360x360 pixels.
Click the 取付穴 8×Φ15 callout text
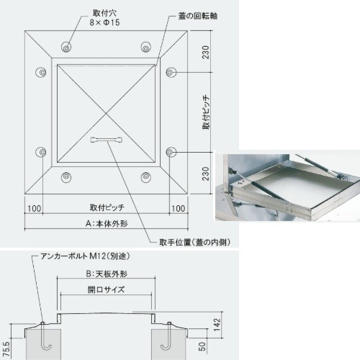[x=104, y=18]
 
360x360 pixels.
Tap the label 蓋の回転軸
[x=198, y=16]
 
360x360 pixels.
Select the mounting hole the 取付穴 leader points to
[x=66, y=47]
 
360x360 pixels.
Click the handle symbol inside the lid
[x=107, y=140]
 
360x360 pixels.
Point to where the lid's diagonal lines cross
[x=107, y=113]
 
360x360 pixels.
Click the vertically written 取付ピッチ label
[x=206, y=112]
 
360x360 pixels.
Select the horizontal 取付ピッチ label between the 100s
[x=107, y=207]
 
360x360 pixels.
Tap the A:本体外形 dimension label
[x=107, y=224]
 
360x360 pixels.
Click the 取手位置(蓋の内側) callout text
[x=194, y=243]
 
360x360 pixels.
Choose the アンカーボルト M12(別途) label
[x=86, y=256]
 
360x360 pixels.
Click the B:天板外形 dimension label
[x=107, y=274]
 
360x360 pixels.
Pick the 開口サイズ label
[x=106, y=289]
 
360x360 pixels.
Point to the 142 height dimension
[x=217, y=325]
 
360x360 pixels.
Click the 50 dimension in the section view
[x=202, y=346]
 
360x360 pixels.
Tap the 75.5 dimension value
[x=6, y=349]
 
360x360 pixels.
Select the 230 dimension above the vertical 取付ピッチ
[x=206, y=52]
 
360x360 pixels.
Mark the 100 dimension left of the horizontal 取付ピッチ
[x=34, y=208]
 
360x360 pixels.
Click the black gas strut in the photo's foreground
[x=266, y=190]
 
